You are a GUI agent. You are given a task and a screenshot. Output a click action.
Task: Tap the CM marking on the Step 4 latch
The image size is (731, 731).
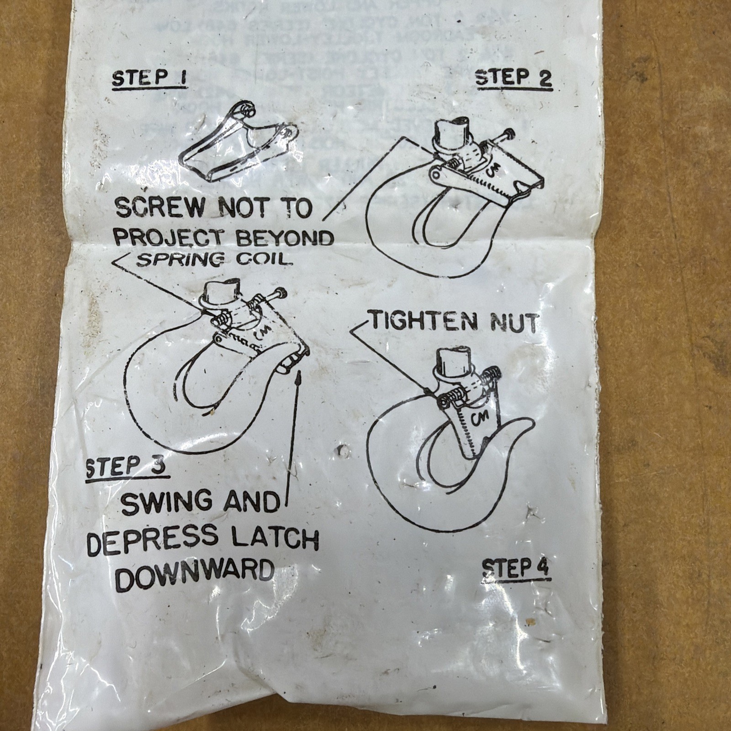click(479, 417)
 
